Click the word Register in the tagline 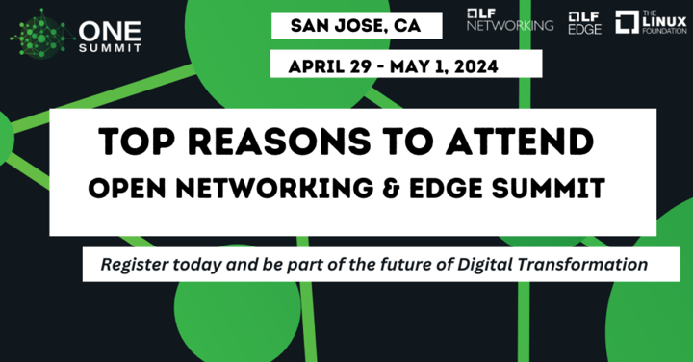(x=130, y=262)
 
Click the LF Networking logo (x=509, y=20)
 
